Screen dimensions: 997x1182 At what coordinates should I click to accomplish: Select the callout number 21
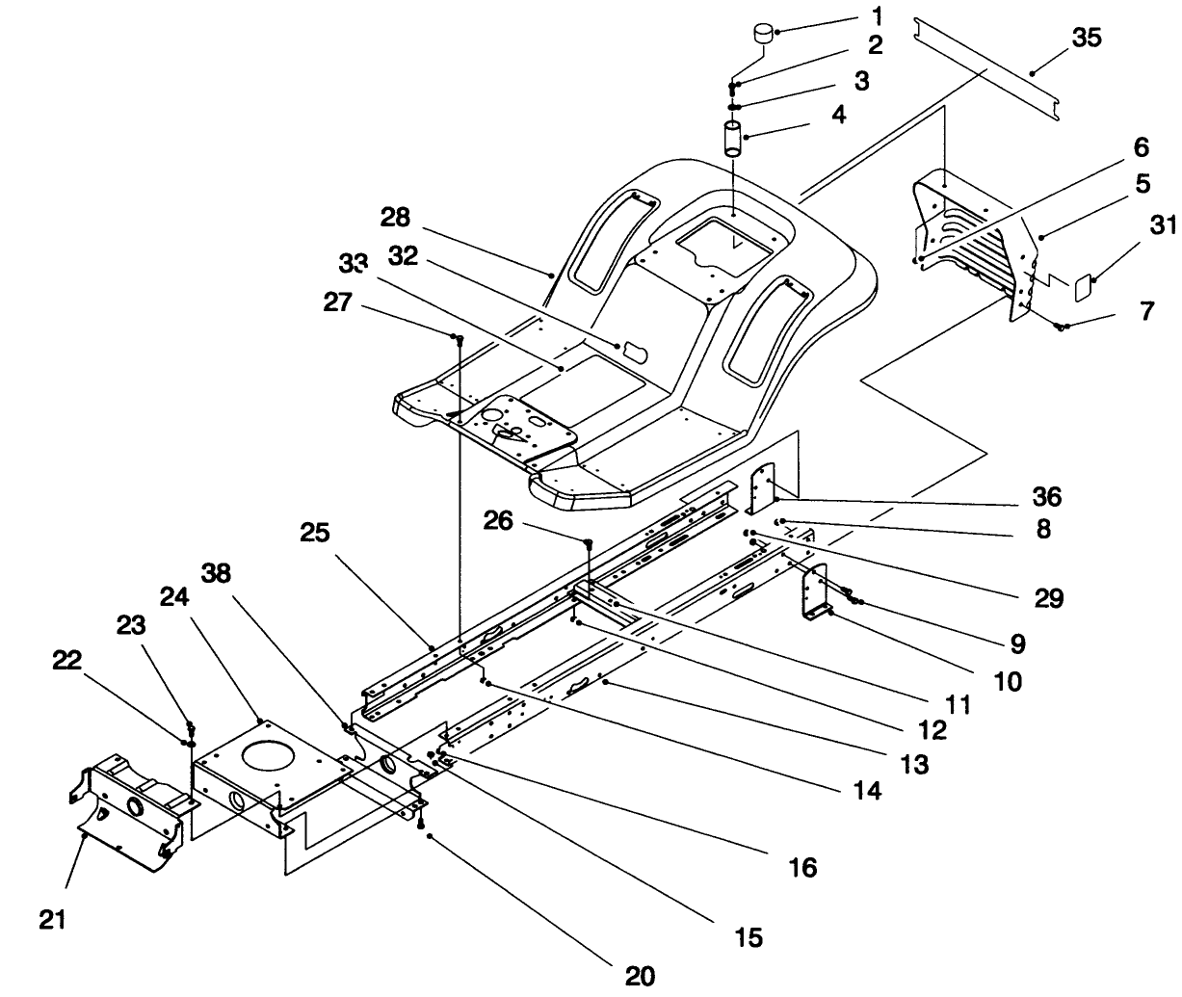[53, 919]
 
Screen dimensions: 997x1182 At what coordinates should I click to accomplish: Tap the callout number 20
[640, 976]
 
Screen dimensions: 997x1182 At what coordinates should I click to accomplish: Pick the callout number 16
[802, 867]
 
